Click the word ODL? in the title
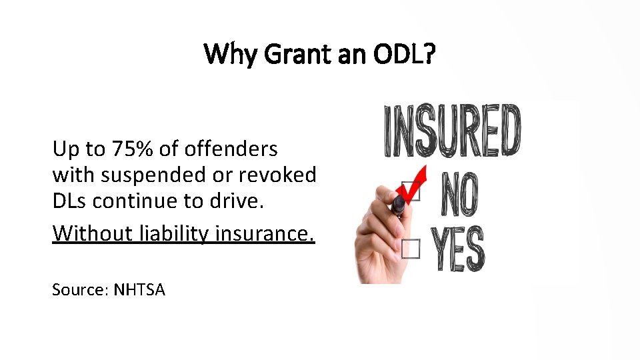[x=404, y=54]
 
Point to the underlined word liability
[x=175, y=233]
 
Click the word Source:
[x=80, y=289]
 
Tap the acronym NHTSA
[x=139, y=289]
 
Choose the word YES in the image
[x=460, y=250]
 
